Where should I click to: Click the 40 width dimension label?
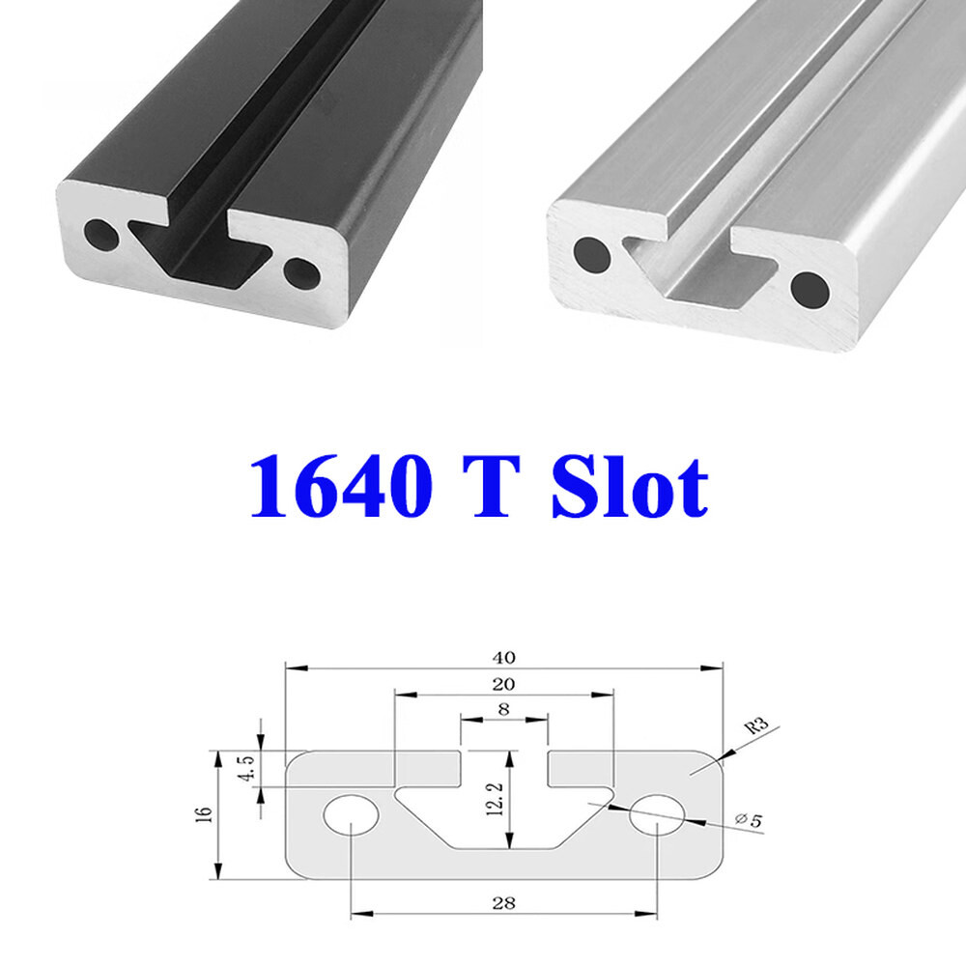[504, 658]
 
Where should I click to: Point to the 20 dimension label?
[504, 685]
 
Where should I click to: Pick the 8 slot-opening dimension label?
[504, 708]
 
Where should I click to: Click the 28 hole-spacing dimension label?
[504, 903]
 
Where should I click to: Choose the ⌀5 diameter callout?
[749, 820]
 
